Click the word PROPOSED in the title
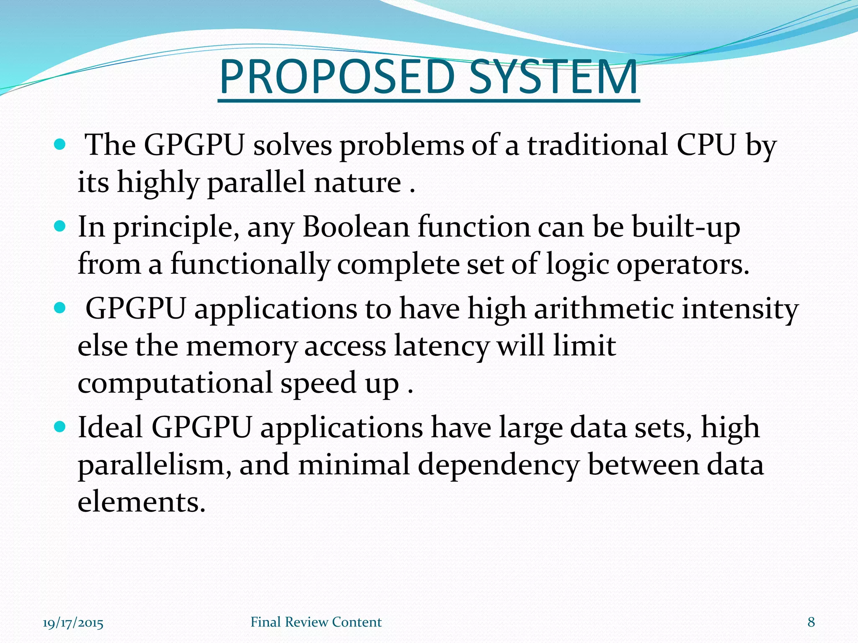337,77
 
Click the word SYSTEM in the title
553,77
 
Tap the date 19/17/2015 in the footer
73,622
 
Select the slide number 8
811,622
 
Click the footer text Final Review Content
316,622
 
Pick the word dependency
499,466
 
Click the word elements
142,502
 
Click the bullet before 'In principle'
60,227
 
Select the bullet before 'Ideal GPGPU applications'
60,427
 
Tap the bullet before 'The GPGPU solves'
60,145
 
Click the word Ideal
110,427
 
